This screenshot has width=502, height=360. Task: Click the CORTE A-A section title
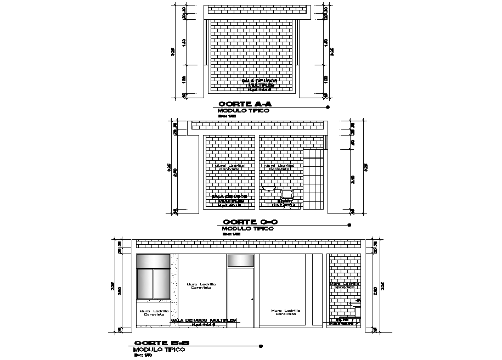coord(245,104)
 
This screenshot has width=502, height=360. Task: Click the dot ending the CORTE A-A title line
coord(328,107)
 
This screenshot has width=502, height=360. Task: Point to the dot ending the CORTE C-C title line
coord(349,225)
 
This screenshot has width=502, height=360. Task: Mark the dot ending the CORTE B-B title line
coord(261,346)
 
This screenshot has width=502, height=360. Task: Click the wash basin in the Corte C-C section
coord(269,188)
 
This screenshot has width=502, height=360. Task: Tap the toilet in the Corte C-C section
coord(286,195)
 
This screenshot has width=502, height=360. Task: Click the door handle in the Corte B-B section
coord(252,299)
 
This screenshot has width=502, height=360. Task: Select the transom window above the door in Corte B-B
coord(241,260)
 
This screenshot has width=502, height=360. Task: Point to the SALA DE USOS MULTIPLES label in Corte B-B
coord(204,320)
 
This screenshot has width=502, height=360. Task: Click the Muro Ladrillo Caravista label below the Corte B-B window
coord(154,313)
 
